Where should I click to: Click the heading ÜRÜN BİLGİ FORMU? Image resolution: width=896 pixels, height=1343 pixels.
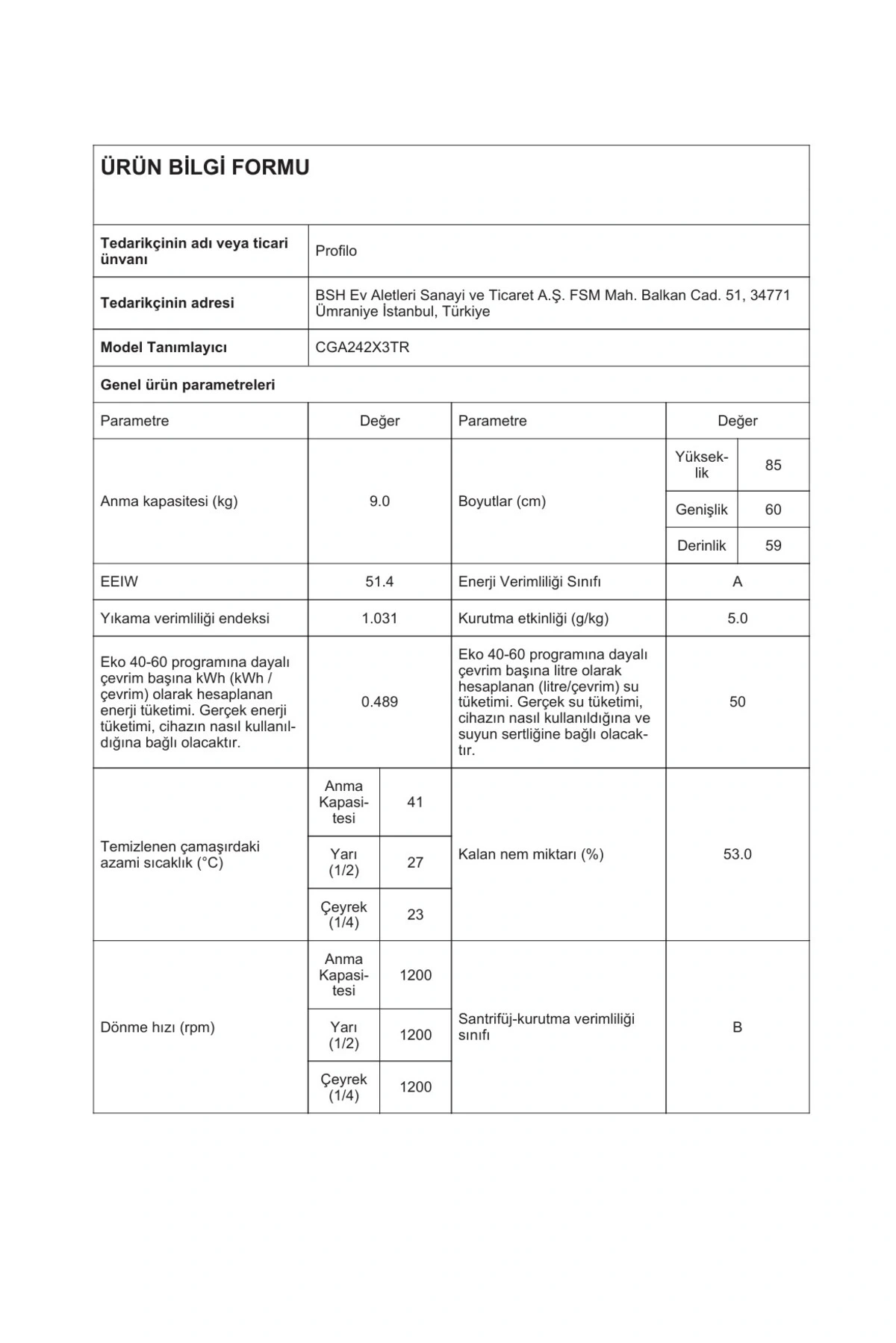(205, 167)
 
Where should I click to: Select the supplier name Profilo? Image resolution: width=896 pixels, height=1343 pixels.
(336, 251)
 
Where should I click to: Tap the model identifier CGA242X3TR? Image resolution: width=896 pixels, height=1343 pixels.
(362, 347)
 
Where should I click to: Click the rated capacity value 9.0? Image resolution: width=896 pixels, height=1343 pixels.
(379, 501)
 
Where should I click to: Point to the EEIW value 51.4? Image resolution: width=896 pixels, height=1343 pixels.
(379, 581)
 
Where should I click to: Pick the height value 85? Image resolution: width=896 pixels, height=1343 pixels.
(773, 465)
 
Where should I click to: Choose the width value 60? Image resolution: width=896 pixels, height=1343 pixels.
(773, 510)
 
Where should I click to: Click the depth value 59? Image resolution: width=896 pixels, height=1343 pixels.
(773, 545)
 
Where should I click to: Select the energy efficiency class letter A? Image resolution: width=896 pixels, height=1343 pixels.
(737, 581)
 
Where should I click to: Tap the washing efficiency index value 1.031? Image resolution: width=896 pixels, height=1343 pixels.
(379, 618)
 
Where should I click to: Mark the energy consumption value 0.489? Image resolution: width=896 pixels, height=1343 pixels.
(379, 701)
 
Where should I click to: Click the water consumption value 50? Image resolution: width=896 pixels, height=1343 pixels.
(737, 701)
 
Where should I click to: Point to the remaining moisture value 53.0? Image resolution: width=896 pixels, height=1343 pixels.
(737, 854)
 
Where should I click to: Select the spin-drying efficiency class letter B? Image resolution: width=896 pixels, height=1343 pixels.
(737, 1027)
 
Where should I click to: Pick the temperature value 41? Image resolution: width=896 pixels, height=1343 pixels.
(415, 802)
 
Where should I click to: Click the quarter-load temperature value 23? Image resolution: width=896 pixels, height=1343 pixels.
(415, 915)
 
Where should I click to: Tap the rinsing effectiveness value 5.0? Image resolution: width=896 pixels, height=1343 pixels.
(737, 618)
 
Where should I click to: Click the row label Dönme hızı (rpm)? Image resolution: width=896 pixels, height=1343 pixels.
(158, 1027)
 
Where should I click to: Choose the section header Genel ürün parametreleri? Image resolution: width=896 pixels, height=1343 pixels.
(187, 385)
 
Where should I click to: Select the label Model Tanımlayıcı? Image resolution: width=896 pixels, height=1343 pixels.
(164, 347)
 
